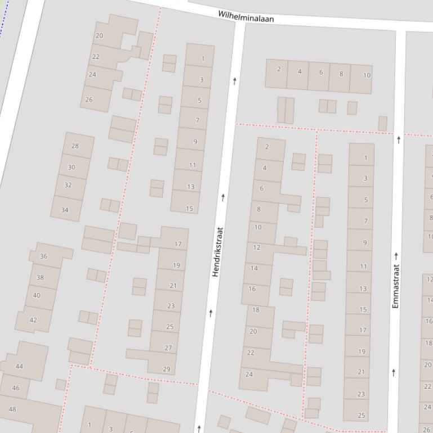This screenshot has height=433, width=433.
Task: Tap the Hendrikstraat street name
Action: pyautogui.click(x=217, y=251)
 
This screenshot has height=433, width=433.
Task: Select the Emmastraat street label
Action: pyautogui.click(x=396, y=286)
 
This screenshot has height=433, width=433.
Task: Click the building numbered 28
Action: pyautogui.click(x=75, y=146)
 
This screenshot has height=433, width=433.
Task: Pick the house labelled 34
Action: pyautogui.click(x=65, y=210)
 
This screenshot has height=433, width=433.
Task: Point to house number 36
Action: pyautogui.click(x=44, y=256)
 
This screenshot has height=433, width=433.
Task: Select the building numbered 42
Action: pyautogui.click(x=33, y=320)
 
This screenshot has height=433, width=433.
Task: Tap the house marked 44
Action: pyautogui.click(x=20, y=366)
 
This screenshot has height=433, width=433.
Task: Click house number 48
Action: pyautogui.click(x=12, y=409)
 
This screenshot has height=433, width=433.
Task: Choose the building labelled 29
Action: pyautogui.click(x=166, y=369)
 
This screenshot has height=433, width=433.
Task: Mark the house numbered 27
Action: pyautogui.click(x=168, y=348)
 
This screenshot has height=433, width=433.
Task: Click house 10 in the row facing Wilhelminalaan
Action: pyautogui.click(x=367, y=75)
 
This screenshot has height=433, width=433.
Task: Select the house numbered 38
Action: pyautogui.click(x=40, y=277)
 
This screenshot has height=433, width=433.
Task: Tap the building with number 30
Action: pyautogui.click(x=72, y=167)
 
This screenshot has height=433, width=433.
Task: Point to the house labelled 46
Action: pyautogui.click(x=16, y=387)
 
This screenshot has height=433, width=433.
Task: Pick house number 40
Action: pyautogui.click(x=37, y=295)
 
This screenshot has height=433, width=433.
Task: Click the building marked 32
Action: pyautogui.click(x=68, y=185)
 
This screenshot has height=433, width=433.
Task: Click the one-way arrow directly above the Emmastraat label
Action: pyautogui.click(x=396, y=256)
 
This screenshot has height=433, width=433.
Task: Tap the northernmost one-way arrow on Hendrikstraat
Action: pyautogui.click(x=235, y=81)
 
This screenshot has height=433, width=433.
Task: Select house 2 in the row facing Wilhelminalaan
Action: pyautogui.click(x=279, y=69)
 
